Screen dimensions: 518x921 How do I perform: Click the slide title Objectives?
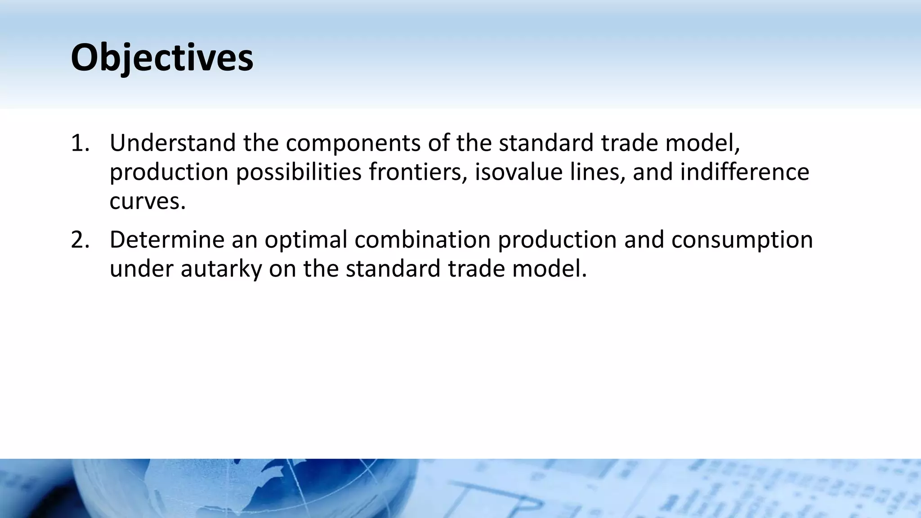coord(162,58)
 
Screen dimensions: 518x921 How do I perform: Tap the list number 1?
coord(80,143)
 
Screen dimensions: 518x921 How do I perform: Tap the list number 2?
coord(80,240)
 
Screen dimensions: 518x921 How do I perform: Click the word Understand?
coord(172,143)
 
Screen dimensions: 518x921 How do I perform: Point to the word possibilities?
coord(299,172)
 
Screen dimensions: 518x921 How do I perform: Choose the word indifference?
coord(744,172)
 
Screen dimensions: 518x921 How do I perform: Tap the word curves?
coord(147,201)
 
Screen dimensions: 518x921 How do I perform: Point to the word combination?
coord(422,240)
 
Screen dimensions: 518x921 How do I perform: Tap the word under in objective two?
coord(142,269)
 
